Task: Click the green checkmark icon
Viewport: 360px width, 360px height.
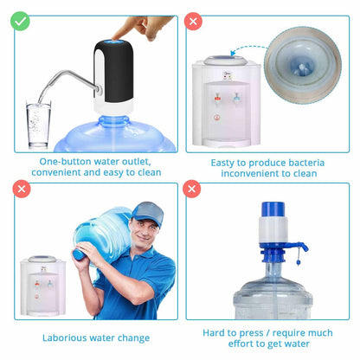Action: point(20,21)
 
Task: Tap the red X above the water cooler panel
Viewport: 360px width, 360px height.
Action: point(193,22)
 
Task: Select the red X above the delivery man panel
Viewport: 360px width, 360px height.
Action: point(22,190)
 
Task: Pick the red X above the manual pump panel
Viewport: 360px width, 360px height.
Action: point(192,189)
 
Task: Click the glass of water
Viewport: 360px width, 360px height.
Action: point(38,124)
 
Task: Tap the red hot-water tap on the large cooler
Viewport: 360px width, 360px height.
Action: point(217,98)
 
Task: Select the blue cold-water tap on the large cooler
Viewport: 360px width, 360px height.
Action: point(236,98)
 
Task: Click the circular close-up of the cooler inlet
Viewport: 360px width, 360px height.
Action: point(303,66)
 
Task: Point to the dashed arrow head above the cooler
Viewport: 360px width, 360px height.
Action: point(233,53)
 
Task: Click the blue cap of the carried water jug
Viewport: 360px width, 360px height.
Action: point(79,254)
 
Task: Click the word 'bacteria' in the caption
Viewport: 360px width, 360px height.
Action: point(306,163)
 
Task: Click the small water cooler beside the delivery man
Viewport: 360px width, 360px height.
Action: point(43,286)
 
